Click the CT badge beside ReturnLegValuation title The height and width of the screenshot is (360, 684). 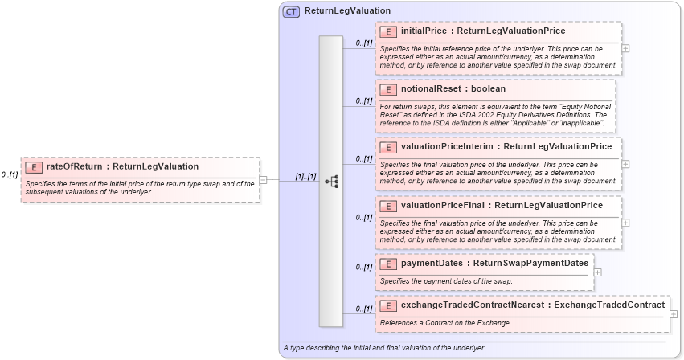click(x=291, y=11)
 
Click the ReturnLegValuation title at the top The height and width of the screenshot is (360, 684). click(x=347, y=11)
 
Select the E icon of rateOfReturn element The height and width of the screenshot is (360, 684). click(x=34, y=167)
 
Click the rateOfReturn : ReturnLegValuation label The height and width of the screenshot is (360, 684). click(x=122, y=167)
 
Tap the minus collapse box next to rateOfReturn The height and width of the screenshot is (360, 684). click(x=263, y=179)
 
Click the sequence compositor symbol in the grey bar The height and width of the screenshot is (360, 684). click(x=331, y=182)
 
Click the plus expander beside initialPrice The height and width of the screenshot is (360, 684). click(x=625, y=48)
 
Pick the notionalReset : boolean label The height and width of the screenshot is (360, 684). click(x=453, y=89)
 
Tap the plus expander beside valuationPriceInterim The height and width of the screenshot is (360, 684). click(x=625, y=164)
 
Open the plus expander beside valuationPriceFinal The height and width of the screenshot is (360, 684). click(x=625, y=223)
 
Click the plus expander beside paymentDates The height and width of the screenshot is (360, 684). click(x=597, y=272)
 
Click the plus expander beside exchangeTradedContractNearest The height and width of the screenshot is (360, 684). click(x=674, y=314)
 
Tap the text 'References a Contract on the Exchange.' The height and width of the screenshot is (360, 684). click(x=445, y=323)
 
